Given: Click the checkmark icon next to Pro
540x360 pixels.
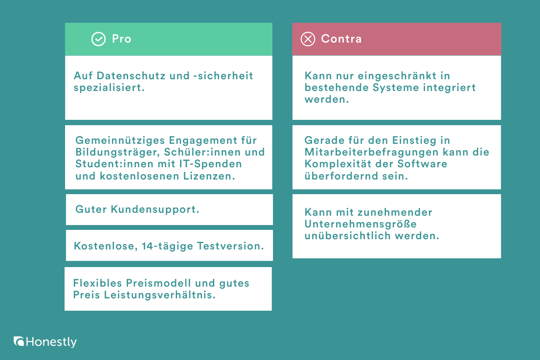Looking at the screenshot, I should pos(98,39).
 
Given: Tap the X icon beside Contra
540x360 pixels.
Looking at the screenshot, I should pos(308,39).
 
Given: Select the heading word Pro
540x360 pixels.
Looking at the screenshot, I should pos(122,39).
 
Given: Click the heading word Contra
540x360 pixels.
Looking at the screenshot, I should pos(341,39).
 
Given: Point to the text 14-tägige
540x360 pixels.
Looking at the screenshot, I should pos(167,246).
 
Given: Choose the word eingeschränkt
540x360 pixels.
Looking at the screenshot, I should pos(395,76).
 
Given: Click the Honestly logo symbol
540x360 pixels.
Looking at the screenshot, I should pos(19,341).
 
